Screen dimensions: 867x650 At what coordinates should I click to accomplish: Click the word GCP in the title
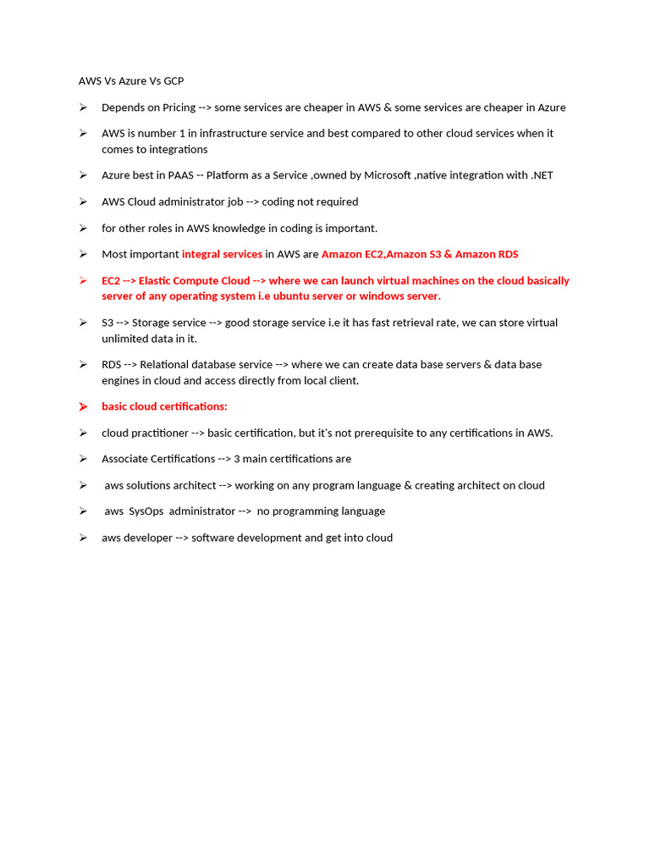(173, 81)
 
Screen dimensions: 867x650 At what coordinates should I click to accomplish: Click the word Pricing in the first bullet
(176, 108)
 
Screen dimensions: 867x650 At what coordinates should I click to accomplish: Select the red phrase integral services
(222, 254)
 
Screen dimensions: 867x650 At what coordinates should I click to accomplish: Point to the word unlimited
(126, 338)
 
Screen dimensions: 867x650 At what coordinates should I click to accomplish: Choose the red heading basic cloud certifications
(164, 406)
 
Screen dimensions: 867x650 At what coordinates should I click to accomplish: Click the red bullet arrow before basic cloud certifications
(83, 407)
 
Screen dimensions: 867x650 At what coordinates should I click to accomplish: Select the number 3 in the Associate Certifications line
(237, 459)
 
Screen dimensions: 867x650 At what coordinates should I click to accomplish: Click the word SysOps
(146, 511)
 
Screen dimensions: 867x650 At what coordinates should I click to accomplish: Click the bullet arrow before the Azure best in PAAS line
(83, 175)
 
